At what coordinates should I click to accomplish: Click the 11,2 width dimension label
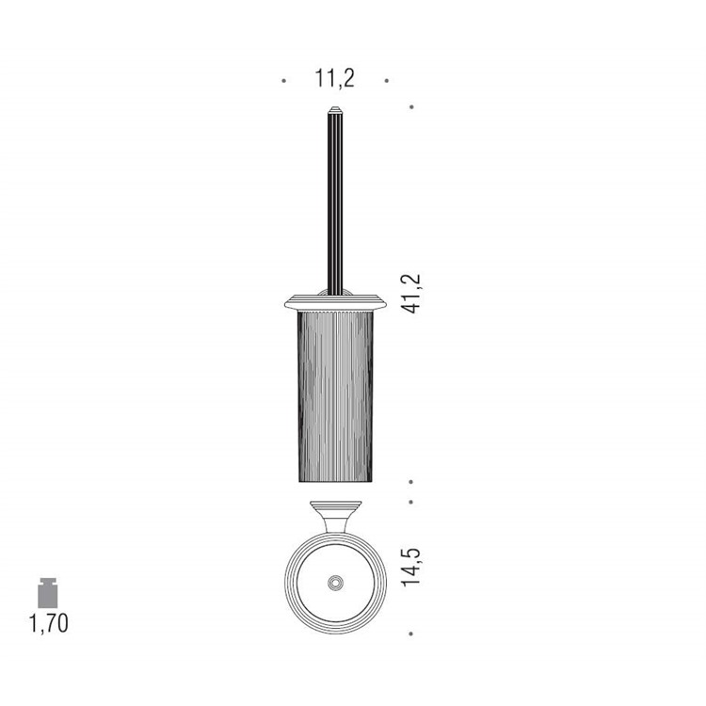click(x=334, y=78)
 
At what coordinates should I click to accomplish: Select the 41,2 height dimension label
click(x=412, y=294)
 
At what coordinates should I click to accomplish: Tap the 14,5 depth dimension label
click(x=411, y=567)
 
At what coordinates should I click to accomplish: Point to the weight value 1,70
click(x=49, y=623)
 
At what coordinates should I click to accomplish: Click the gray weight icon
click(x=48, y=593)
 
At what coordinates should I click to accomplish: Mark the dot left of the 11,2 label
click(x=283, y=81)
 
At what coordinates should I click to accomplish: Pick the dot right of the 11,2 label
click(x=386, y=81)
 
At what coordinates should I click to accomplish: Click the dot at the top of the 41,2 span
click(x=411, y=107)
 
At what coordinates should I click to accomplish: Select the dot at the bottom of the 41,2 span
click(x=411, y=482)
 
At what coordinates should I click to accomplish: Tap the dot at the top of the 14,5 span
click(x=411, y=502)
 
